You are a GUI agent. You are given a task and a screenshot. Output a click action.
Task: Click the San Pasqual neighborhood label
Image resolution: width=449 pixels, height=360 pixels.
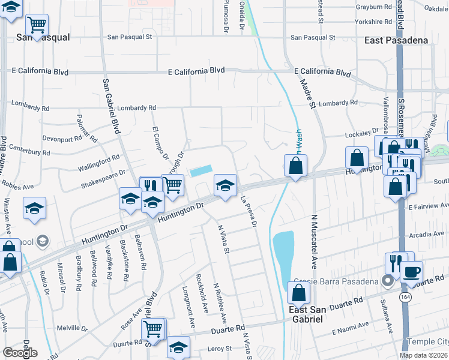coord(43,37)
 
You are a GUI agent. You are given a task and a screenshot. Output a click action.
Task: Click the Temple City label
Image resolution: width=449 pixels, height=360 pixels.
coord(427,341)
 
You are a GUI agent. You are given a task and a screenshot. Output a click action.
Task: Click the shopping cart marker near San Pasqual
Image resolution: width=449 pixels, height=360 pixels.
coord(37,25)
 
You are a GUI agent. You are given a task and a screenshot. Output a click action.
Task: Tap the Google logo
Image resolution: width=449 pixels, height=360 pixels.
coord(20,353)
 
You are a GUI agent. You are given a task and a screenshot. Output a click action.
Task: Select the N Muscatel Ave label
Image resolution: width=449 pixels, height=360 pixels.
coord(314,240)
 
